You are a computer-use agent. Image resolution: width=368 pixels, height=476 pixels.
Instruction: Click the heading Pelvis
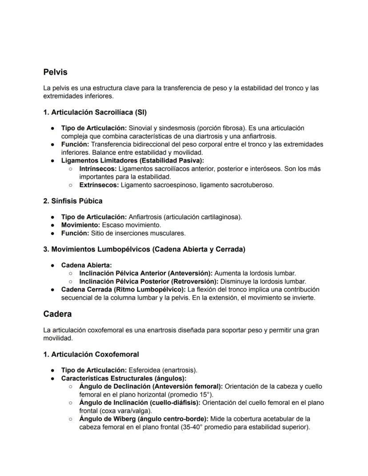coord(55,72)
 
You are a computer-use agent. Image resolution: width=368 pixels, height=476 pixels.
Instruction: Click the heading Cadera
coord(57,314)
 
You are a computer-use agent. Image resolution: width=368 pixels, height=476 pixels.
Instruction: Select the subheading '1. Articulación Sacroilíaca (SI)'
coord(95,112)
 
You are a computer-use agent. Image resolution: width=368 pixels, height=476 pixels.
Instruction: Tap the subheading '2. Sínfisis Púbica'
coord(73,201)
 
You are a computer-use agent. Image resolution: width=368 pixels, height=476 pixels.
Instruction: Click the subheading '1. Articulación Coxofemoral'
coord(91,354)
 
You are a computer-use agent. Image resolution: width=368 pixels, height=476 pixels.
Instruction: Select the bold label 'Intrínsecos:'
coord(98,169)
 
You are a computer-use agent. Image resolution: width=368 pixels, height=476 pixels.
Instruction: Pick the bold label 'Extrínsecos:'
coord(99,185)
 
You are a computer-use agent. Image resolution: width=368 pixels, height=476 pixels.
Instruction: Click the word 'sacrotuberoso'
coord(252,185)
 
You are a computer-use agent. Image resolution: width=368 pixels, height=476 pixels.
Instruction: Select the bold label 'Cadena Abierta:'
coord(86,265)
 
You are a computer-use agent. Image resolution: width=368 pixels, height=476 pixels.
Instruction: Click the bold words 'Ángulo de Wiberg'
coord(105,419)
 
